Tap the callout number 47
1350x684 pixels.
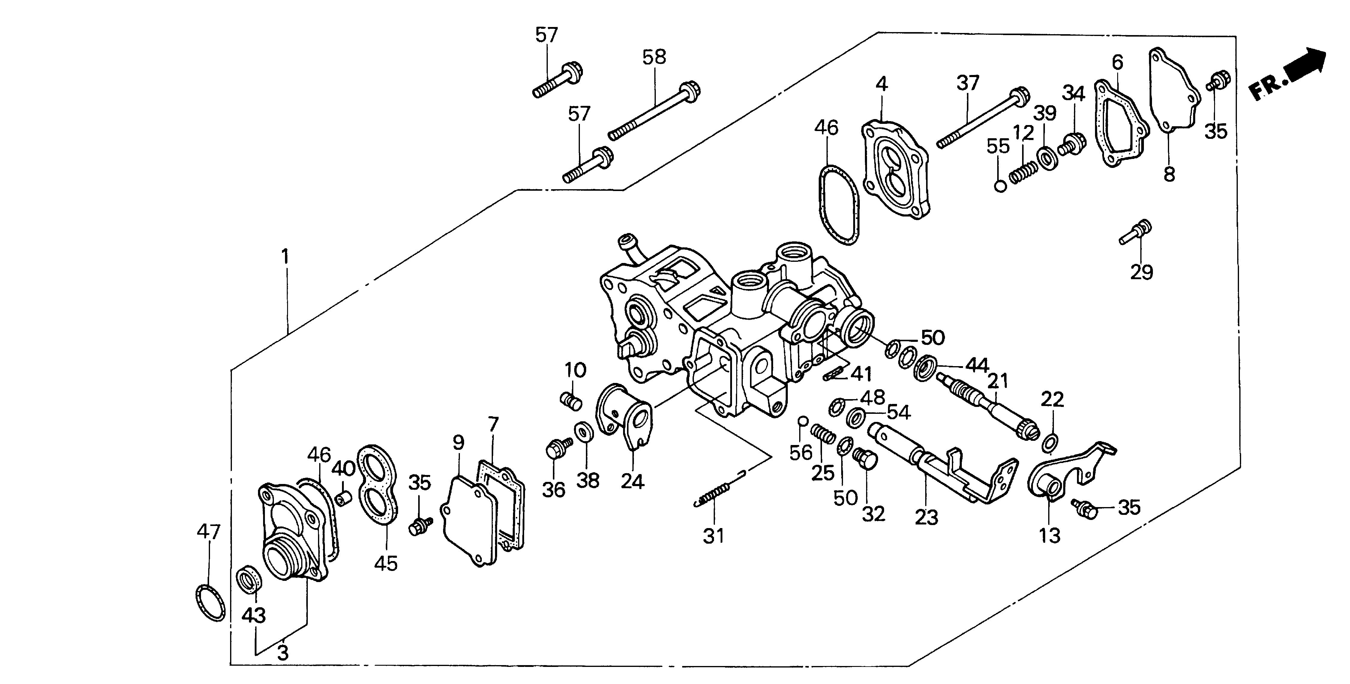click(208, 532)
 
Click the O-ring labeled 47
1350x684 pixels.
click(211, 603)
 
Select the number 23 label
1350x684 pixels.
click(926, 518)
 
